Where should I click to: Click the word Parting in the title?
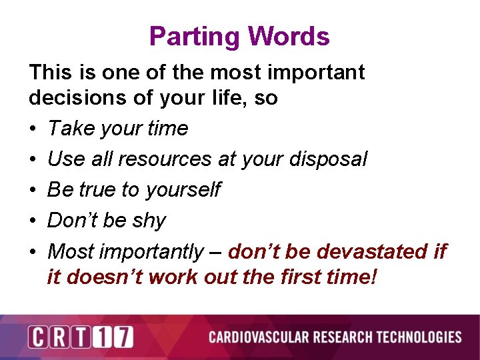[190, 37]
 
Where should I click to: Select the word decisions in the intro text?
[72, 98]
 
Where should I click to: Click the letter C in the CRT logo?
[38, 337]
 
